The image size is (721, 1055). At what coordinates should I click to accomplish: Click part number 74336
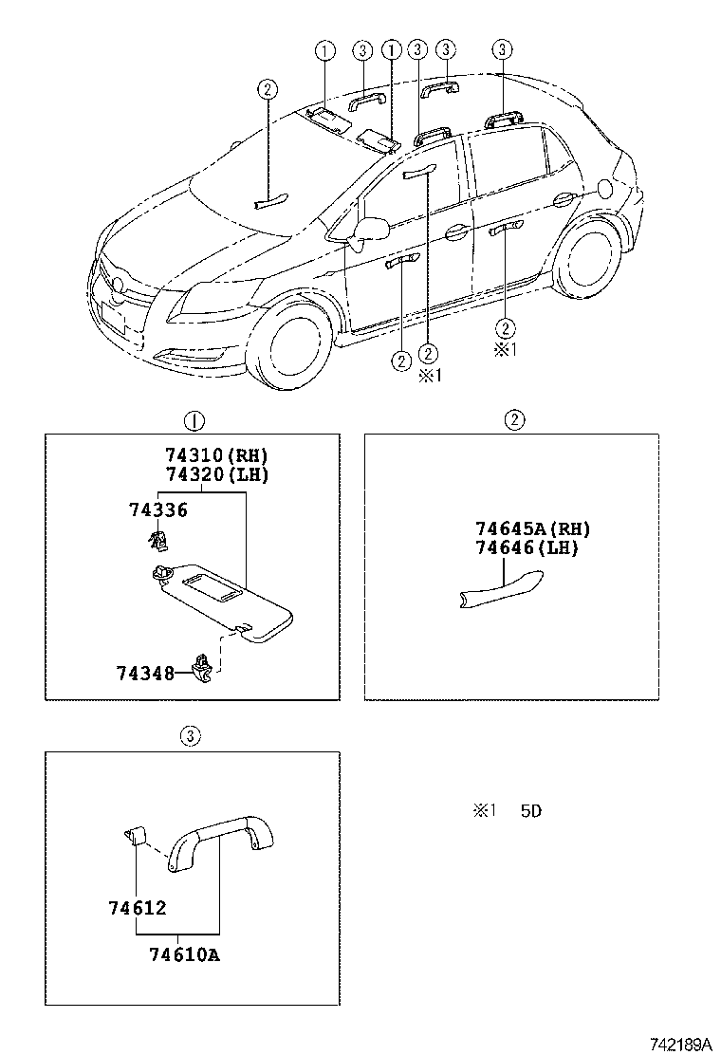coord(158,510)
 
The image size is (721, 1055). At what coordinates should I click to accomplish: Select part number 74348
coord(145,673)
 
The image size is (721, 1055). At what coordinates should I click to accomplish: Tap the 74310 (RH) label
coord(217,455)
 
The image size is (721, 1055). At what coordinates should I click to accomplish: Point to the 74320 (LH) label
coord(217,474)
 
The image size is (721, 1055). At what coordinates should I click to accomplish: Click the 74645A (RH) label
coord(532,528)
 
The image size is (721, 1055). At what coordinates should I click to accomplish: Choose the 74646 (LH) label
coord(527,547)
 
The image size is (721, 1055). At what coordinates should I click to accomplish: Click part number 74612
coord(138,908)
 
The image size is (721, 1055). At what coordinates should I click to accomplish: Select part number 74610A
coord(184,954)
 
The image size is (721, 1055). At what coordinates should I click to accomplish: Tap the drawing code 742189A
coord(680,1045)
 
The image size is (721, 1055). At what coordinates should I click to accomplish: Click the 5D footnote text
coord(530,811)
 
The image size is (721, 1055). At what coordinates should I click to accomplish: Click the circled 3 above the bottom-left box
coord(191,736)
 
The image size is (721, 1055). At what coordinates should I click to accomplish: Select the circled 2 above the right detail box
coord(514,420)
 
